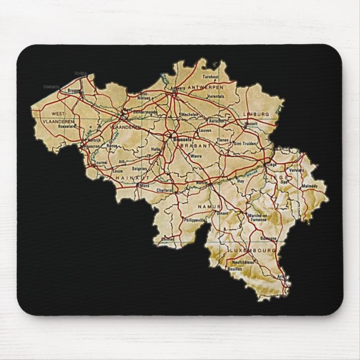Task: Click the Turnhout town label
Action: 211,76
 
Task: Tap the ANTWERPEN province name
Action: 206,88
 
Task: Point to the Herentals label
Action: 215,96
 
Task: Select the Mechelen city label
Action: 190,114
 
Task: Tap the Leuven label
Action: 205,130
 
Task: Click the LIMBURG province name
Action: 256,114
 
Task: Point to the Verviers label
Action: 297,170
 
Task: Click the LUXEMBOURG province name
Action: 251,251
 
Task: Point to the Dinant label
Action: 224,212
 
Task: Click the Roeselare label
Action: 67,126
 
